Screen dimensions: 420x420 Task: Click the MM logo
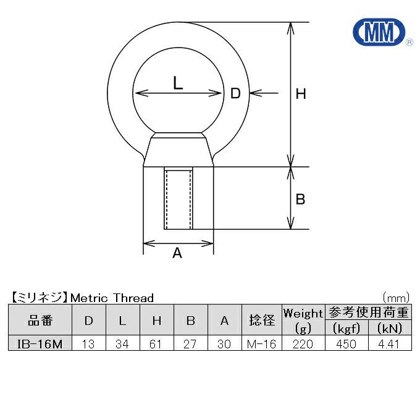(379, 32)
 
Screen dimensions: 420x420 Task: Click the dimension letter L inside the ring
(178, 83)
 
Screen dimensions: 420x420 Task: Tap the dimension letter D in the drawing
(235, 93)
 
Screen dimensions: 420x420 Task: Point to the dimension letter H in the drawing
(301, 94)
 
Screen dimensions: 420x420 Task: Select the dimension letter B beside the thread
(300, 199)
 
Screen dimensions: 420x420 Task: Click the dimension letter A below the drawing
(177, 253)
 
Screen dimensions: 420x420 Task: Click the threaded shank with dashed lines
(178, 198)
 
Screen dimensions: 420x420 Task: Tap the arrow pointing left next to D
(264, 93)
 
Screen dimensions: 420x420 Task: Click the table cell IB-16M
(40, 343)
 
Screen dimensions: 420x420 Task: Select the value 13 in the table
(88, 344)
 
